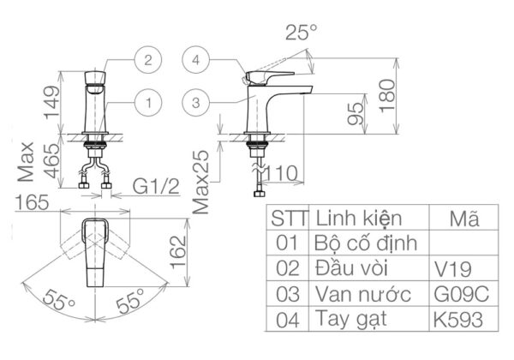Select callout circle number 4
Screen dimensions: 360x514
(198, 61)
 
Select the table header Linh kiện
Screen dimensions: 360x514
(359, 216)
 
